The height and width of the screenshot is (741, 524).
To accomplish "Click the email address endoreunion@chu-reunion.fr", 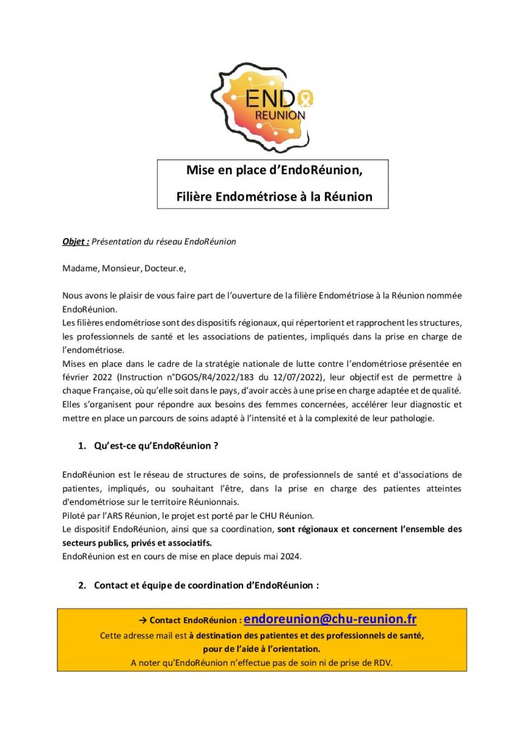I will pos(330,619).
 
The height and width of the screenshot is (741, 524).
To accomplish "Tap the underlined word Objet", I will pos(75,241).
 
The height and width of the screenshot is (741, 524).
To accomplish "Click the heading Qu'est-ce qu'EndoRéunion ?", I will pos(156,446).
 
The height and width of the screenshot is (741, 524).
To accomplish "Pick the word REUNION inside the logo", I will pos(280,116).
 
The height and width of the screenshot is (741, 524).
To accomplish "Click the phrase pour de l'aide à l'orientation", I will pos(261,648).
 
